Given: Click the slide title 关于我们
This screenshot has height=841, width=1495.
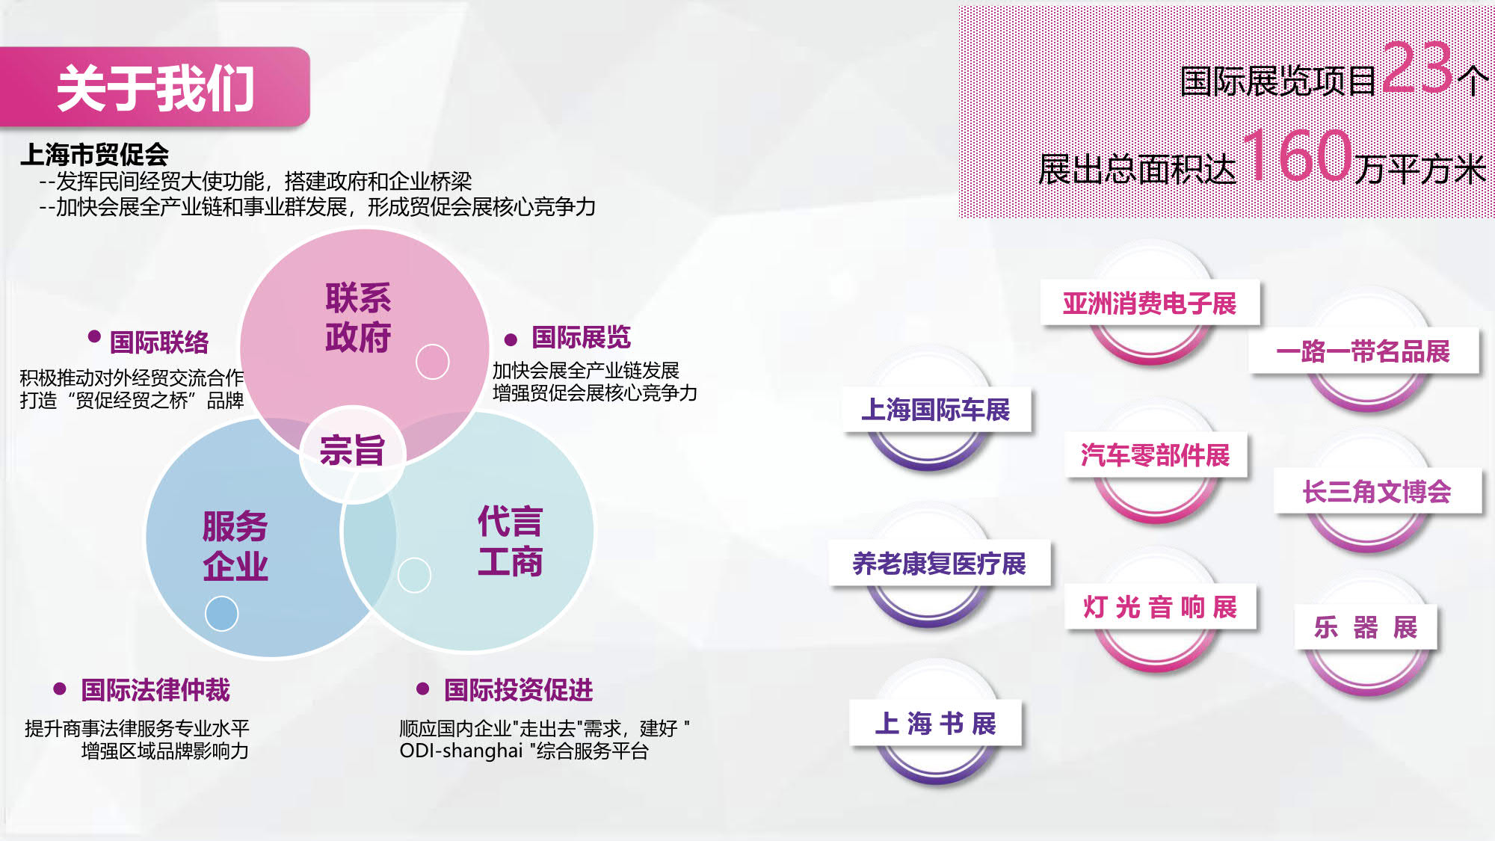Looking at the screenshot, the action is (155, 88).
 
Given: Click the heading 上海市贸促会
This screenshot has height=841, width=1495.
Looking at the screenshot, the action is (94, 155).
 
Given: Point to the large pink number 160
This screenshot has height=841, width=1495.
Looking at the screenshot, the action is (1298, 155).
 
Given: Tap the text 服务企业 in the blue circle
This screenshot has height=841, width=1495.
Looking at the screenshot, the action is (235, 546).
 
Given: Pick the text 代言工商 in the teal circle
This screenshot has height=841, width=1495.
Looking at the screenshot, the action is (511, 541).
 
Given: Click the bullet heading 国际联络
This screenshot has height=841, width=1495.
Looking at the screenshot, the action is (159, 342).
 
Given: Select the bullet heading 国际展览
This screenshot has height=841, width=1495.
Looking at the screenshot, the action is (582, 337).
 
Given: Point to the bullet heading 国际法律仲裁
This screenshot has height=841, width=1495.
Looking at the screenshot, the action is (155, 689).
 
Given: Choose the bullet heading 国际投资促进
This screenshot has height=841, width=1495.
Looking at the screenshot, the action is (519, 689).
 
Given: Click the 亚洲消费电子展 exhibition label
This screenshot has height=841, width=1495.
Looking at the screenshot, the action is (1150, 304).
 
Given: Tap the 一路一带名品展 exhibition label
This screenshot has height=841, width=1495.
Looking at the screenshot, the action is (1363, 351).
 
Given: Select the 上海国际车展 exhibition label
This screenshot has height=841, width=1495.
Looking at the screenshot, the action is (936, 410).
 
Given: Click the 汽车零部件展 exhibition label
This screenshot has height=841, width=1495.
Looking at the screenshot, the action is (1156, 455).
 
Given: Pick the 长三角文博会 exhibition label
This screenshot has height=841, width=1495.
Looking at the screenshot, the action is (1378, 491).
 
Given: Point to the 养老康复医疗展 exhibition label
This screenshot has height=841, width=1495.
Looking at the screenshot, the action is (940, 563).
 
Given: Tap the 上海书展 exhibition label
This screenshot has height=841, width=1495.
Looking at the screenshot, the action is (936, 723).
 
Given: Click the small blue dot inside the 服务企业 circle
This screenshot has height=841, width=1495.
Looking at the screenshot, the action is (222, 614).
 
